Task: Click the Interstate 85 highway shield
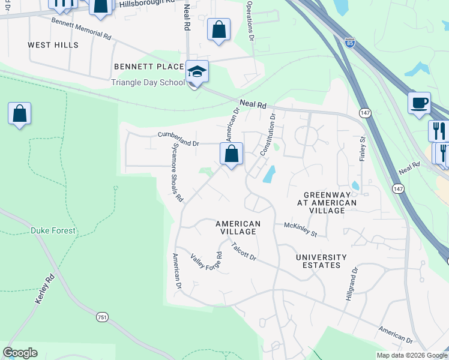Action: [350, 43]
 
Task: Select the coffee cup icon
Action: [419, 102]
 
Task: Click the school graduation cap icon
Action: [197, 71]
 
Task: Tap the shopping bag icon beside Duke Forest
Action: [19, 113]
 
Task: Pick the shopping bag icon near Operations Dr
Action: [218, 29]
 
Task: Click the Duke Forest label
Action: [54, 230]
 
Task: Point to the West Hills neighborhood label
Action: [53, 45]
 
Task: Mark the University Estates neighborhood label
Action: [321, 261]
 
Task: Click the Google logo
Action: [20, 353]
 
